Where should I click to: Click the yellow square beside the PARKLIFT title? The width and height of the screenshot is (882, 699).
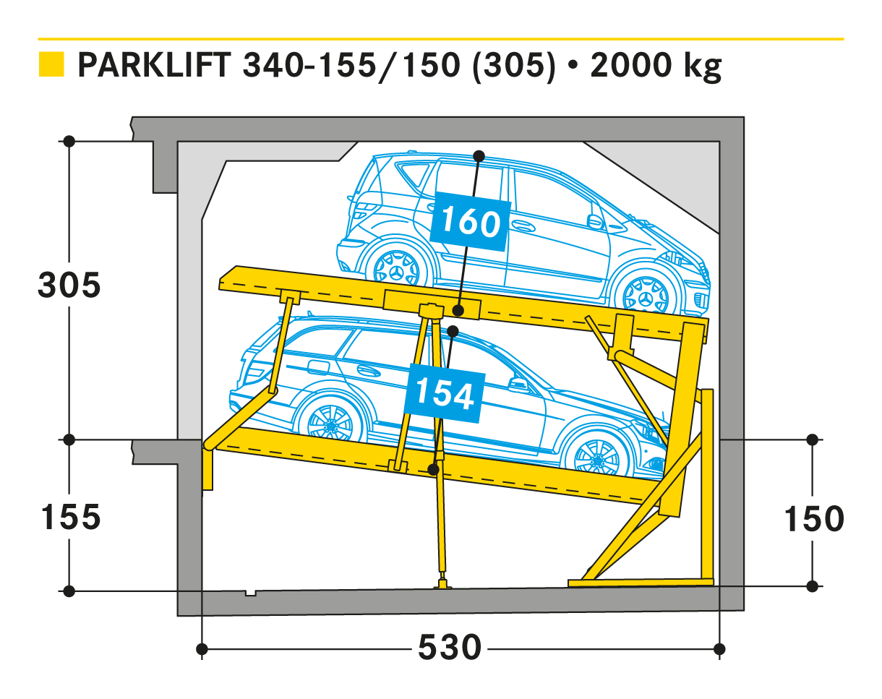(51, 64)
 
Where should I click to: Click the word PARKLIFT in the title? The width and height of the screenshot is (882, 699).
(155, 65)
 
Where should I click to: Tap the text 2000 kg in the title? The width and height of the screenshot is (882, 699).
(656, 67)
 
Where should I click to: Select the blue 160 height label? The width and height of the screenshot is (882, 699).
(471, 222)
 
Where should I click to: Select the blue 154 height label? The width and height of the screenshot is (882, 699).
(445, 393)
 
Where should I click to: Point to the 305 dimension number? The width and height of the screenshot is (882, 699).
(69, 285)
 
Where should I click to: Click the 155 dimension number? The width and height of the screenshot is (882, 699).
(71, 517)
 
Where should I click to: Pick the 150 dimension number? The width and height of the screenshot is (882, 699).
(814, 519)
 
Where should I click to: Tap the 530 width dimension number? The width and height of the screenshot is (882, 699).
(450, 648)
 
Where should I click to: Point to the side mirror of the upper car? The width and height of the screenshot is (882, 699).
(595, 222)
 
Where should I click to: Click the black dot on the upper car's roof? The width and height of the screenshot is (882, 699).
(479, 156)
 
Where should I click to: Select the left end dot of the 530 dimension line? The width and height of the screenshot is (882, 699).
(202, 649)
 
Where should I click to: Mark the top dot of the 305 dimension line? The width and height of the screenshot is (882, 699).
(69, 142)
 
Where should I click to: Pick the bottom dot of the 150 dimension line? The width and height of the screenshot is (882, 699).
(812, 586)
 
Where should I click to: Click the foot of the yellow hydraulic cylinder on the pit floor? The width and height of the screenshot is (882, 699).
(442, 584)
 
